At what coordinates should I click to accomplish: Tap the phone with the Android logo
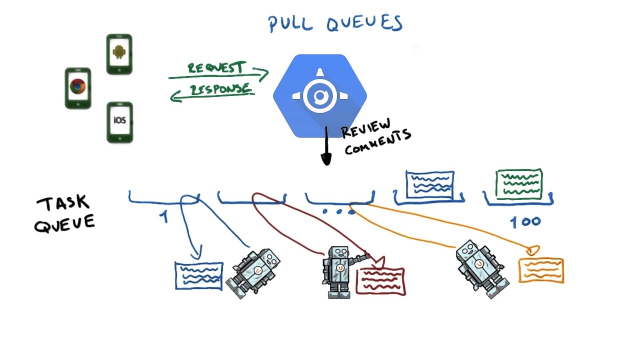tap(119, 54)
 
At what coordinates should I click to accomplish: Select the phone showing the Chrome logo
tap(77, 88)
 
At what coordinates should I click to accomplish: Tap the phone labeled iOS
tap(119, 122)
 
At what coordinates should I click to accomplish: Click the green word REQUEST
tap(216, 68)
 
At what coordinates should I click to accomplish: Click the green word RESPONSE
tap(219, 89)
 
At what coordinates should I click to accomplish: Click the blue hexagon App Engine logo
tap(319, 95)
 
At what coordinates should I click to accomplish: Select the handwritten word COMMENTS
tap(377, 142)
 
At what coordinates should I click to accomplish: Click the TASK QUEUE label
tap(64, 213)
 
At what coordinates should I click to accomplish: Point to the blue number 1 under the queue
tap(163, 216)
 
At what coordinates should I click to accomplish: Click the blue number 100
tap(525, 222)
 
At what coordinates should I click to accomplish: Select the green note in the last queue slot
tap(519, 184)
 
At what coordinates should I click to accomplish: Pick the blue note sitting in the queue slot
tap(430, 184)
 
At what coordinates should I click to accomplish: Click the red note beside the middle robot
tap(380, 281)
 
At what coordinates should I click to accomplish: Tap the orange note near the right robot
tap(541, 270)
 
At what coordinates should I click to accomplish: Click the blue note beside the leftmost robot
tap(198, 275)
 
